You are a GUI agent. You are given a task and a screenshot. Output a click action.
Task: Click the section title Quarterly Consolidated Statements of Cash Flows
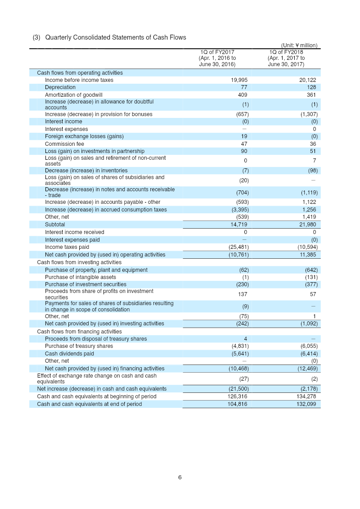(115, 37)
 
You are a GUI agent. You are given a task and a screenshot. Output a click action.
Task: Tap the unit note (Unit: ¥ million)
(299, 45)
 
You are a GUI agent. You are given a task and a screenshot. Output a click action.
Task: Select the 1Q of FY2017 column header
(217, 58)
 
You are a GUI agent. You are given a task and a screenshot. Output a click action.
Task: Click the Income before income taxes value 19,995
(239, 80)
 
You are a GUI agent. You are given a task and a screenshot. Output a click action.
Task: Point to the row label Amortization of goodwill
(73, 95)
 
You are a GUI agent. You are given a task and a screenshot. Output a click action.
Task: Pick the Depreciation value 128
(310, 87)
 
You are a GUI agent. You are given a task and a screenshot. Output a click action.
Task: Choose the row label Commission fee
(64, 144)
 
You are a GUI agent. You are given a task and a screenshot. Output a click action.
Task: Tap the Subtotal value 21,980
(308, 225)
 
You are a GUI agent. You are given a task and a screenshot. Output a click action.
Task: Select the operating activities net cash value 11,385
(308, 255)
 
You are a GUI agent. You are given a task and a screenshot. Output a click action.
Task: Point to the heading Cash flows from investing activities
(79, 262)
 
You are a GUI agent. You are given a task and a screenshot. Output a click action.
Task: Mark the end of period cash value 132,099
(306, 404)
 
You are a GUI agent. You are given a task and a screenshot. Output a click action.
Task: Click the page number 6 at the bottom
(180, 477)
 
